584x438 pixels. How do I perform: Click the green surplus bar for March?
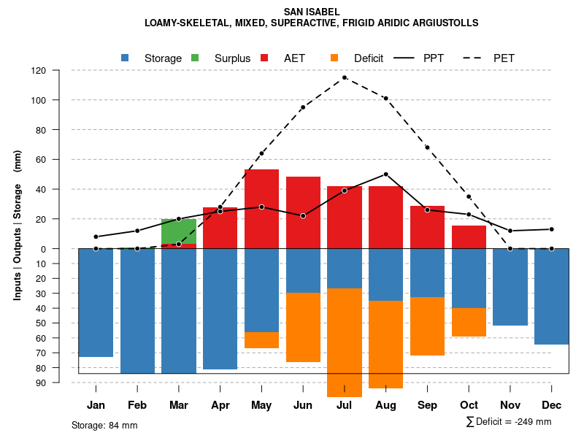[x=179, y=231]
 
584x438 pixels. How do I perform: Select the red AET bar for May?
[x=261, y=209]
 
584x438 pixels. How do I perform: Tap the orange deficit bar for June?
[x=303, y=327]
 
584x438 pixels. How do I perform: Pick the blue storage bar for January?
[x=96, y=302]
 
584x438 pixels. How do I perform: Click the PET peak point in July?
[x=345, y=77]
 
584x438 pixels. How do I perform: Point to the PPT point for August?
[x=385, y=174]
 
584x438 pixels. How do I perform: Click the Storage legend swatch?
[x=126, y=58]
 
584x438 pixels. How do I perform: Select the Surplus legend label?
[x=232, y=58]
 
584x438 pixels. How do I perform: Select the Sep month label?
[x=427, y=405]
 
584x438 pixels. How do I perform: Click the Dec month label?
[x=551, y=405]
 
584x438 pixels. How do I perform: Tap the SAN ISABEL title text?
[x=312, y=12]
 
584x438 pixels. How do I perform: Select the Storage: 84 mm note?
[x=104, y=425]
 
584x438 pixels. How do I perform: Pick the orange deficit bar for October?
[x=469, y=322]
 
